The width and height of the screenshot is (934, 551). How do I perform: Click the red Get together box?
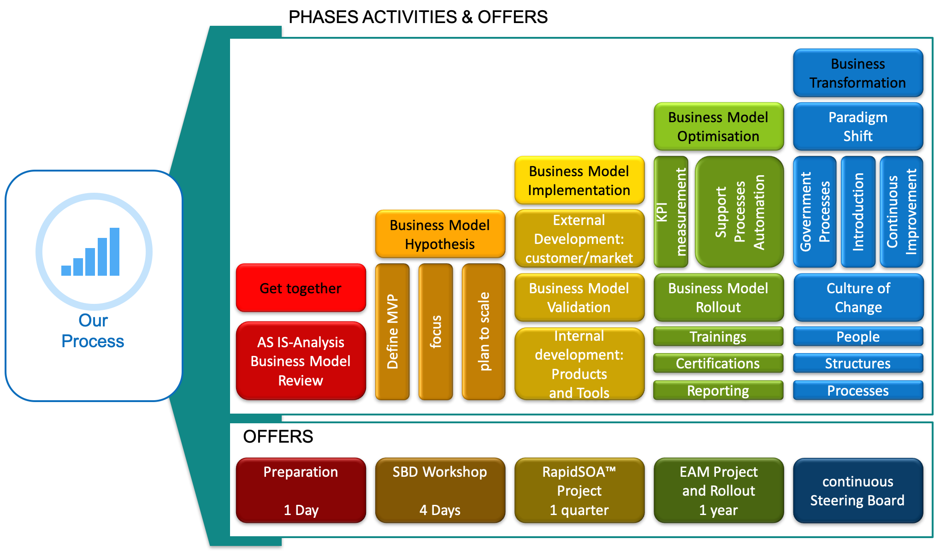click(301, 288)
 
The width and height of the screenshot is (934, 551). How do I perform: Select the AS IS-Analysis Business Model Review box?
click(301, 361)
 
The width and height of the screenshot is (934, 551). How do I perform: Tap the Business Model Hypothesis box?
click(440, 234)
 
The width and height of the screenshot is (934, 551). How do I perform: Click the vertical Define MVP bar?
click(392, 332)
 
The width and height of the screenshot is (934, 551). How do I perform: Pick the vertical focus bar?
click(436, 332)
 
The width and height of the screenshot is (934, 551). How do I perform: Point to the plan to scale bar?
click(484, 332)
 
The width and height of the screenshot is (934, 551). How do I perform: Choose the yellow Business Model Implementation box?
click(579, 180)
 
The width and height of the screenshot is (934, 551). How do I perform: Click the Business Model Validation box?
click(579, 297)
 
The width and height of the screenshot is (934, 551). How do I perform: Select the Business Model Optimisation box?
click(718, 126)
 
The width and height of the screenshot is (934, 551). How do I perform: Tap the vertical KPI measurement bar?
click(671, 212)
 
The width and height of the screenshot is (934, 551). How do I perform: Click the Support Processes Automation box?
click(739, 212)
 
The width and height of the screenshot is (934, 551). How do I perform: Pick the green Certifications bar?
click(718, 363)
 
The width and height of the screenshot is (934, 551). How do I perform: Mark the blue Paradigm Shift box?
click(858, 126)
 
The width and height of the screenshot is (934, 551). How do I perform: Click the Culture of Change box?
click(858, 297)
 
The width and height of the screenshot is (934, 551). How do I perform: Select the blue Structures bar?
click(858, 363)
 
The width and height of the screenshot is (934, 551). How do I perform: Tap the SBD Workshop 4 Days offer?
click(440, 490)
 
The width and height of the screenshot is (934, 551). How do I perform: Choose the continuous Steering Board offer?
click(858, 490)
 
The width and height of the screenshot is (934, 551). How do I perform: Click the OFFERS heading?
click(278, 436)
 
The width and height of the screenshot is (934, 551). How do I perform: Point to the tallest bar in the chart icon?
click(114, 251)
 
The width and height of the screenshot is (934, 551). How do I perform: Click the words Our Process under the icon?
click(93, 331)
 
